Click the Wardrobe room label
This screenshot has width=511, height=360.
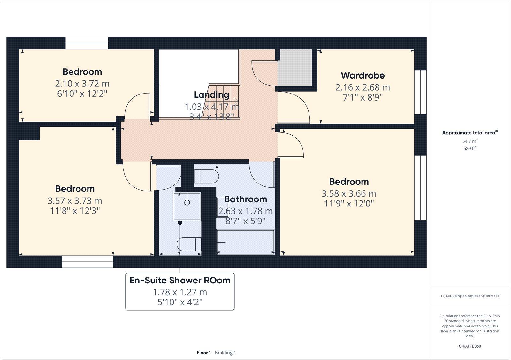tap(362, 76)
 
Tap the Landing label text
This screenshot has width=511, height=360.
tap(211, 95)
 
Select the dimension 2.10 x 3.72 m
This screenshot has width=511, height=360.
tap(82, 84)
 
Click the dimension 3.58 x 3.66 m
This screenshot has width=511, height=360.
tap(349, 193)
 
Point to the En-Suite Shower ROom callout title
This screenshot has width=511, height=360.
tap(180, 280)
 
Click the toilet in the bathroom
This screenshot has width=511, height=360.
tap(207, 176)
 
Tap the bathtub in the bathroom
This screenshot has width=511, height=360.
tap(245, 242)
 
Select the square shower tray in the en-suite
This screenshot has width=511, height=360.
tap(187, 206)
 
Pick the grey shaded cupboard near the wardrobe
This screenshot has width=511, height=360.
tap(295, 67)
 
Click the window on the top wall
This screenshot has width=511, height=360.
tap(87, 43)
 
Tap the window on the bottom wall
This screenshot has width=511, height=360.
tap(88, 262)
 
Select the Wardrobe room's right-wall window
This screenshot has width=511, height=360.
tap(420, 92)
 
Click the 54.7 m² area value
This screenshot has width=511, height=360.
tap(470, 141)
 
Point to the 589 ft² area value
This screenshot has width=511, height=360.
tap(470, 148)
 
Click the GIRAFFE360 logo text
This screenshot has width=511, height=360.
tap(470, 346)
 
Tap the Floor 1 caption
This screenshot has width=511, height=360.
tap(204, 353)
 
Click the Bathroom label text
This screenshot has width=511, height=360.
tap(245, 199)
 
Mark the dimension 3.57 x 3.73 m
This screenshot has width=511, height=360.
tap(75, 201)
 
